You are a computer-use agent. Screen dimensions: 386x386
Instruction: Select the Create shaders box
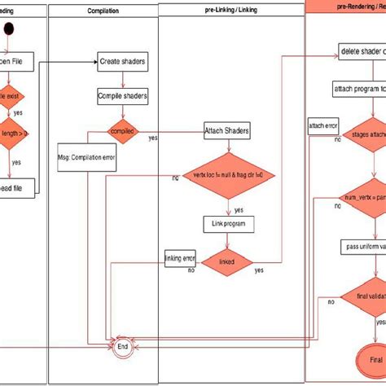122,60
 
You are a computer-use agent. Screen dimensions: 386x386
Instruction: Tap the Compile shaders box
122,96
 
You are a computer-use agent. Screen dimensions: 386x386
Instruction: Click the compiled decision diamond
124,129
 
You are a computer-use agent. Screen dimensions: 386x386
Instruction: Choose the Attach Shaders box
227,130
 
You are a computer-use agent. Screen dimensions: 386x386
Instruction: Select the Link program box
228,222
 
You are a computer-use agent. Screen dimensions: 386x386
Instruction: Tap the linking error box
180,258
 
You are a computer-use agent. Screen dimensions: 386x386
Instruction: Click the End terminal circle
123,345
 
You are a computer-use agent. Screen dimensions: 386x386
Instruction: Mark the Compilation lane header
103,11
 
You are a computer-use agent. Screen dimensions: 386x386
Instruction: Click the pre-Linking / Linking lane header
231,11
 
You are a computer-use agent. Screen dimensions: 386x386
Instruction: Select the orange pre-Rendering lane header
346,6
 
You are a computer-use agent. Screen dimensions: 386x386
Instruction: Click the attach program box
358,88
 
